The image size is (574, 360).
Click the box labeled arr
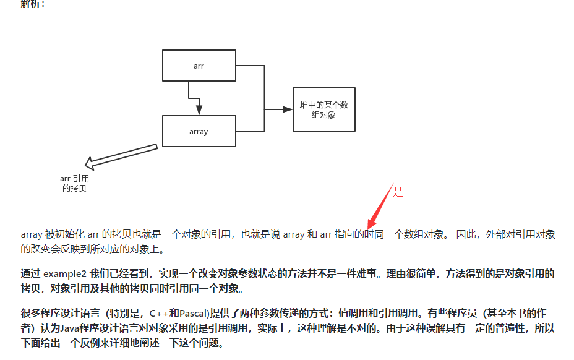point(199,66)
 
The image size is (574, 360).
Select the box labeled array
point(199,131)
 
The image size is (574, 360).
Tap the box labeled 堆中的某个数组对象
point(323,109)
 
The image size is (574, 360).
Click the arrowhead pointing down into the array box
point(199,109)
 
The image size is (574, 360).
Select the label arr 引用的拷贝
point(74,184)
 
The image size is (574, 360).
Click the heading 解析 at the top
point(32,4)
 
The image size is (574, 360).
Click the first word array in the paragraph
point(32,234)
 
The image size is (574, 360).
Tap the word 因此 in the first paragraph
point(465,234)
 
